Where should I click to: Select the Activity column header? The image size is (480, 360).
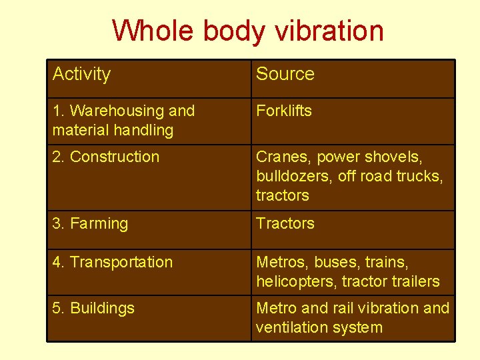[81, 74]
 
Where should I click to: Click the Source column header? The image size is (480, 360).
[285, 74]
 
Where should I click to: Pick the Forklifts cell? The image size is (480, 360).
[284, 111]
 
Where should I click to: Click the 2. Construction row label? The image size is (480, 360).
[106, 157]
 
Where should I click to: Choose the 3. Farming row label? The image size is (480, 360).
[90, 223]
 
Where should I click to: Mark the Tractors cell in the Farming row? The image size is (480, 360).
[285, 223]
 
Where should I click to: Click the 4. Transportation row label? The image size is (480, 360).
[113, 262]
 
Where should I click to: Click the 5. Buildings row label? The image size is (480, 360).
[93, 308]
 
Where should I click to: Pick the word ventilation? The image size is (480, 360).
[292, 327]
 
